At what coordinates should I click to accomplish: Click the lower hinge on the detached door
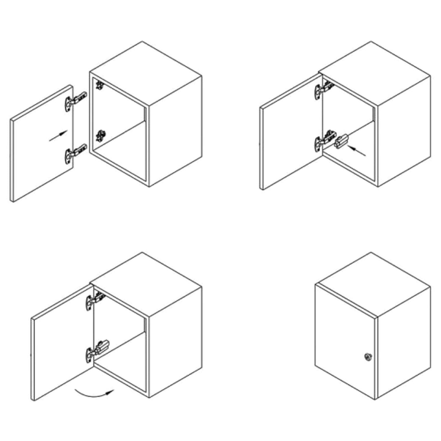[x=75, y=153]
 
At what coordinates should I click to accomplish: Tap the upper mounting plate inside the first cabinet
[x=99, y=85]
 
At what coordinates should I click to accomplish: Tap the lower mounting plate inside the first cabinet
[x=100, y=136]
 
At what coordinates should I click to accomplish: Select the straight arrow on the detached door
[x=58, y=136]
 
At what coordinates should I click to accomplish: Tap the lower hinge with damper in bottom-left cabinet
[x=97, y=351]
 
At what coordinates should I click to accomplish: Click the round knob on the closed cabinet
[x=368, y=356]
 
